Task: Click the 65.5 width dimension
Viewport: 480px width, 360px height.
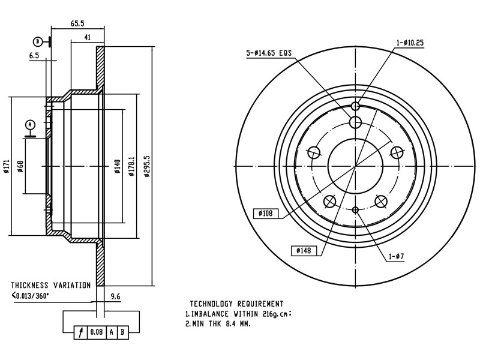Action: click(x=77, y=23)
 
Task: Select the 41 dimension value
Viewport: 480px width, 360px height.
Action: click(x=87, y=37)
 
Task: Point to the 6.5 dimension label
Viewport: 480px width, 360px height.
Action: click(x=34, y=55)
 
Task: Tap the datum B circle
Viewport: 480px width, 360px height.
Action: click(x=38, y=41)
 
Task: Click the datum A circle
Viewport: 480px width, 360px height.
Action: click(x=30, y=125)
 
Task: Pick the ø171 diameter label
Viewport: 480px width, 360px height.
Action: click(x=6, y=166)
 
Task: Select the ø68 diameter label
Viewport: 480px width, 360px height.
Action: click(x=20, y=166)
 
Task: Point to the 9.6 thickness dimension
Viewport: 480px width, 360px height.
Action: click(x=116, y=296)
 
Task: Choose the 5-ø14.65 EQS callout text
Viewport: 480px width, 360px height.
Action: click(x=269, y=53)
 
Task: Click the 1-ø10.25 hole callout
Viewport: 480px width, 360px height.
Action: click(x=410, y=43)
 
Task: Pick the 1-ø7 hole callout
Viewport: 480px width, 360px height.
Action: click(x=396, y=256)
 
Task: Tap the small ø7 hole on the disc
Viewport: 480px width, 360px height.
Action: click(x=355, y=209)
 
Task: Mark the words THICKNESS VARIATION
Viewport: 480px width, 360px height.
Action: click(x=50, y=286)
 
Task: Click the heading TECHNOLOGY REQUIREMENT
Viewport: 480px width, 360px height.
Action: click(x=236, y=304)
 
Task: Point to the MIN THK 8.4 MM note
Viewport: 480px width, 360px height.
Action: click(x=217, y=323)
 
